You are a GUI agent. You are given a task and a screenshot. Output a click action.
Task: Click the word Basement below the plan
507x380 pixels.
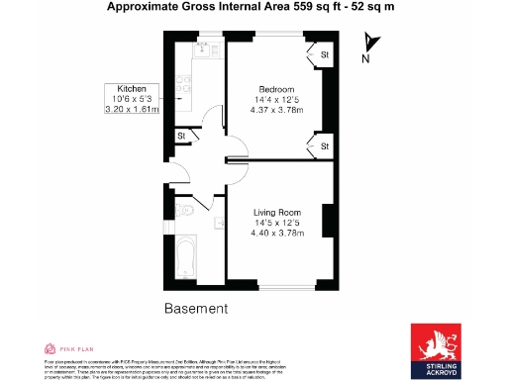(x=196, y=309)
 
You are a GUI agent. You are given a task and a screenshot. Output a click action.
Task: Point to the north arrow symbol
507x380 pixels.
(x=369, y=42)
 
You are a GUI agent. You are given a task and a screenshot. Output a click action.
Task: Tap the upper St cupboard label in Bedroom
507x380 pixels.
(x=324, y=53)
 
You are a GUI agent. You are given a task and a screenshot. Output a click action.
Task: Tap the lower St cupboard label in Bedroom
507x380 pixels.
(x=324, y=146)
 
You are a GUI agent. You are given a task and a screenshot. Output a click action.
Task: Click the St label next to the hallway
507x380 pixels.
(x=181, y=136)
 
